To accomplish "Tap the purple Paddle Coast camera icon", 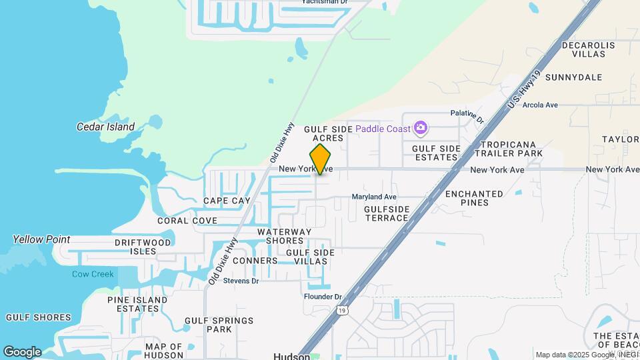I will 420,127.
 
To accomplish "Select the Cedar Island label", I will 106,127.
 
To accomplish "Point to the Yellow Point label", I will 41,239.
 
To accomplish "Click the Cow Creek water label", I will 93,274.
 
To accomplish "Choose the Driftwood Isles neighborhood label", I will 143,247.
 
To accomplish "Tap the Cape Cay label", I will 227,201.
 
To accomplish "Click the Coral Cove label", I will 187,221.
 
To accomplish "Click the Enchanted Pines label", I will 474,198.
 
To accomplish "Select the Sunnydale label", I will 573,77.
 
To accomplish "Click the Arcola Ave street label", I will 540,105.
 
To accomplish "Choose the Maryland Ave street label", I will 374,197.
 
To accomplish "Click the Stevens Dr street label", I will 241,281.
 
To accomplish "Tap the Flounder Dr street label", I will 323,297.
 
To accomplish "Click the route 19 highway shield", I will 342,310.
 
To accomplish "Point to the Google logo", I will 22,352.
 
